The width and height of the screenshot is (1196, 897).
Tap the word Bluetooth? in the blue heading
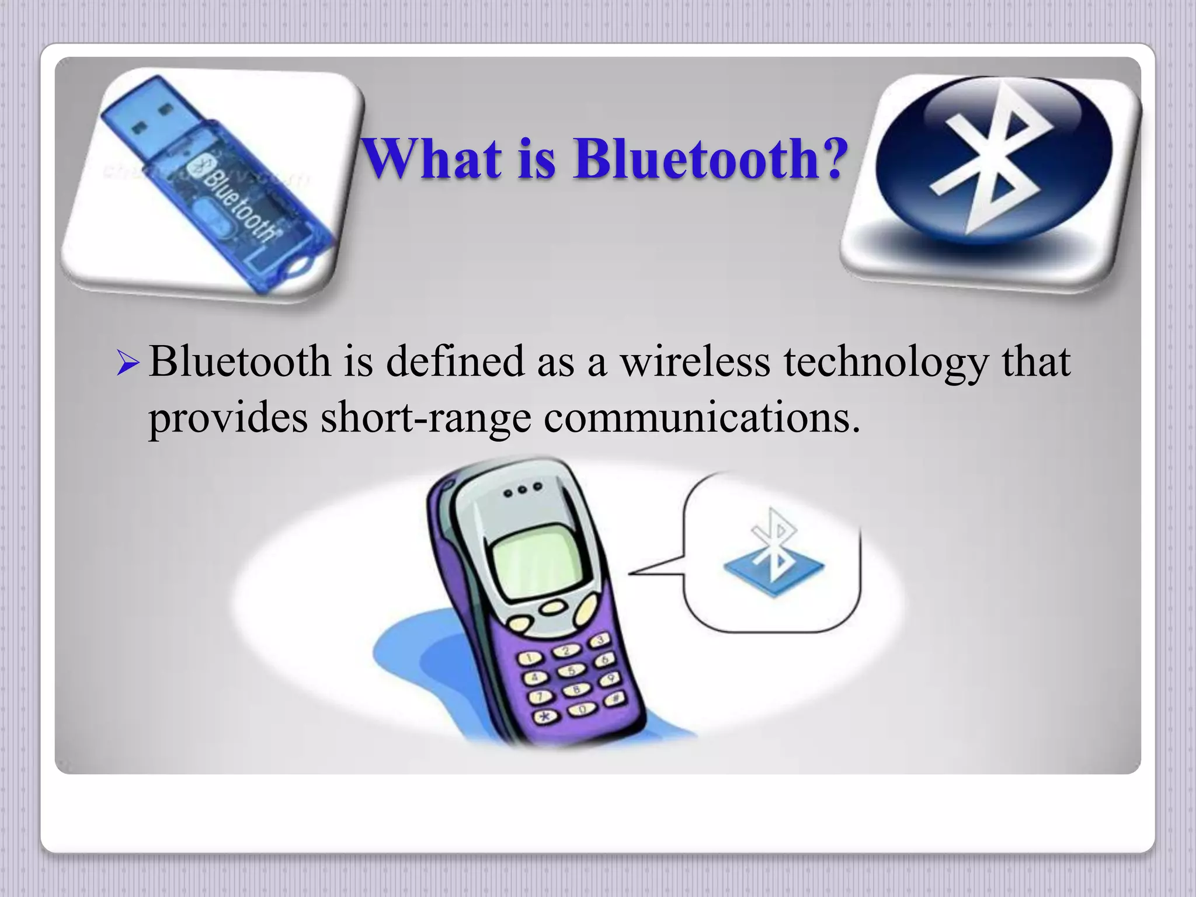click(x=710, y=158)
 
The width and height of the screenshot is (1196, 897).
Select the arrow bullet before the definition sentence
click(x=128, y=363)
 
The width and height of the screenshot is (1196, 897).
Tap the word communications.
click(x=702, y=418)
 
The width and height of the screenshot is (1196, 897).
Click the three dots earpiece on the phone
click(x=523, y=490)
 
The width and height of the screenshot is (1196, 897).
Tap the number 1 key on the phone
click(x=529, y=659)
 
